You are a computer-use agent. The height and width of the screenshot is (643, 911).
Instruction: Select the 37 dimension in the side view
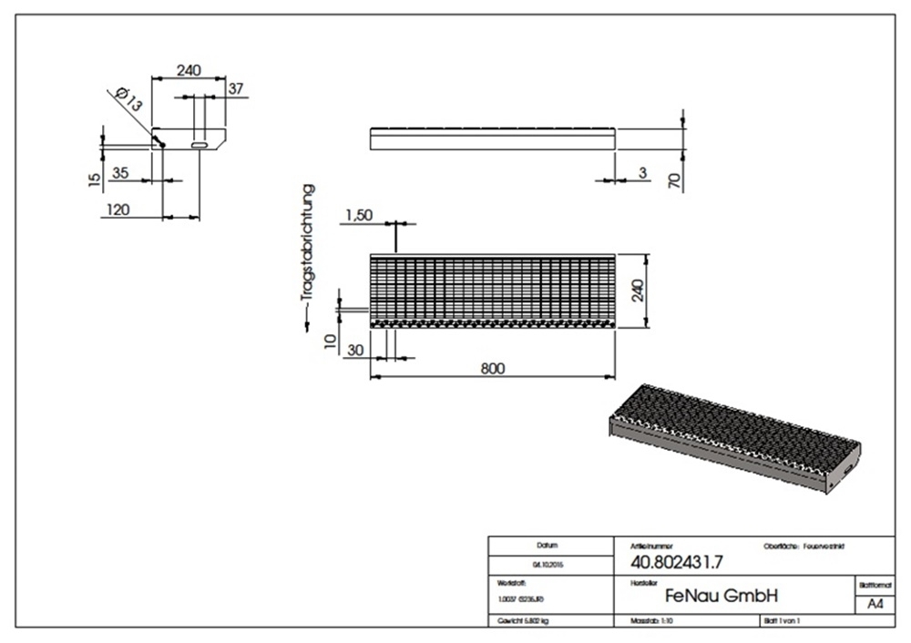coord(235,88)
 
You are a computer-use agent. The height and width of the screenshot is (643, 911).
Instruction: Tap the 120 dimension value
coord(118,209)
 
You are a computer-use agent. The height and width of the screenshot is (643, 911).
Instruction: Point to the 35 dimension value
coord(119,172)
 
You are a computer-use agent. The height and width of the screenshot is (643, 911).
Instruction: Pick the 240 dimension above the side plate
coord(188,70)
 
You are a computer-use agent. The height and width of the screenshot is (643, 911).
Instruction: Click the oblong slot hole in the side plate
coord(199,143)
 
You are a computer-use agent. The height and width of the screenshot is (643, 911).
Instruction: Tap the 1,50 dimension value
coord(359,215)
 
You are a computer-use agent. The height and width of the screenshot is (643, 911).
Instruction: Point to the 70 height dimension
coord(675,178)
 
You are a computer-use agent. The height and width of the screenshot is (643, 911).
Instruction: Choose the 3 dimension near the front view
coord(643,173)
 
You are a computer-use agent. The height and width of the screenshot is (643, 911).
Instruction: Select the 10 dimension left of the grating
coord(331,342)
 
